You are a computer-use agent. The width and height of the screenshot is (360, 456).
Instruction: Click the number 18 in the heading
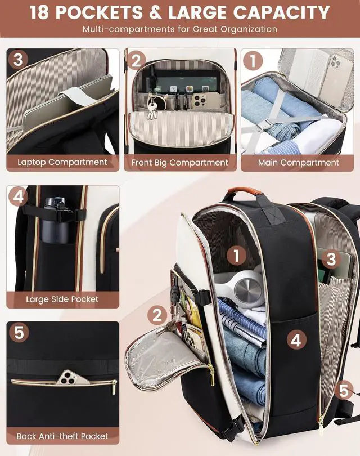click(x=40, y=12)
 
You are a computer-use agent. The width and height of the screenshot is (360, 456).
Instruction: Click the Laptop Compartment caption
click(x=62, y=162)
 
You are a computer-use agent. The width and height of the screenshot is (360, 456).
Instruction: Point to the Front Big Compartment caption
click(x=180, y=163)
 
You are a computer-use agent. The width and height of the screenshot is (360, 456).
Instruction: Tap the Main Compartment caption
click(x=298, y=162)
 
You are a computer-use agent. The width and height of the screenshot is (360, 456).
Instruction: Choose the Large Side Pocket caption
click(x=62, y=299)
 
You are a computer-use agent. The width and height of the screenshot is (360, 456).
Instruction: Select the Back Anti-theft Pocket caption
click(x=62, y=436)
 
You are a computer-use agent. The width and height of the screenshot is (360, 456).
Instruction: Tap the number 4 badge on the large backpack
click(x=296, y=339)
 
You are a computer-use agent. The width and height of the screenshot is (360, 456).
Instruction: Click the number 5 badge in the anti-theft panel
click(x=19, y=332)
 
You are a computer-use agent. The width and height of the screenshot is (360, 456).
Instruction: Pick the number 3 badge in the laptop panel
click(x=18, y=60)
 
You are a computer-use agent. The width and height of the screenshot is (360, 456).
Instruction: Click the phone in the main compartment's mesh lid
click(x=337, y=78)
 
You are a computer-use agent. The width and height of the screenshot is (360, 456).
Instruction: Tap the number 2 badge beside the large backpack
click(x=157, y=315)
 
